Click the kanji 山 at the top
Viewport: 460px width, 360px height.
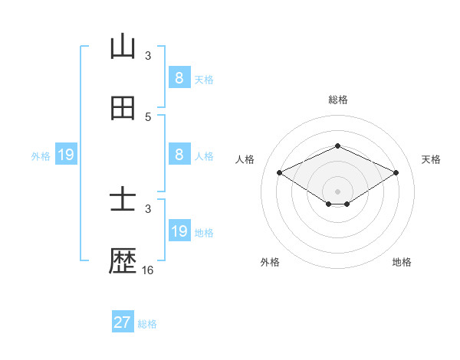(x=123, y=47)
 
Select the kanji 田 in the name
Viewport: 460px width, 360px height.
(x=123, y=108)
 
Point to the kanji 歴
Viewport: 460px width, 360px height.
(x=123, y=263)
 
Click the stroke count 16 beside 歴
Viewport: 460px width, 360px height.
(x=148, y=270)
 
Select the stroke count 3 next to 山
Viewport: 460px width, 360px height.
(x=148, y=56)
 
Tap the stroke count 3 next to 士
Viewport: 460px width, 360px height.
(x=148, y=208)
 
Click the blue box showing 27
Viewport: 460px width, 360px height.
(x=123, y=322)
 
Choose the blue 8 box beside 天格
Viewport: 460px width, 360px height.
(x=179, y=77)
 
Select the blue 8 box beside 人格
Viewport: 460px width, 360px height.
(x=179, y=154)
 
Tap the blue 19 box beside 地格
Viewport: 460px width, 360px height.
(x=179, y=231)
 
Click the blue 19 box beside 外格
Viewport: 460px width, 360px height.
(x=65, y=155)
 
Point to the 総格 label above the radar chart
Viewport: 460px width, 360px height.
(x=337, y=100)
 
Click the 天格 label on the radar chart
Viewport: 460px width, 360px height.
(x=431, y=159)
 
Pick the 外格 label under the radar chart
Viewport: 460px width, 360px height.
(x=270, y=262)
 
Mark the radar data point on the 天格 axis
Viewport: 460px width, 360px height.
(x=396, y=172)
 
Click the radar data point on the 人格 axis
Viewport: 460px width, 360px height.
(x=279, y=172)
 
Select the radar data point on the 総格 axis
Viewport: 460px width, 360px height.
(x=337, y=146)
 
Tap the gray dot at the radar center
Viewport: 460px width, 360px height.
(x=337, y=191)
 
